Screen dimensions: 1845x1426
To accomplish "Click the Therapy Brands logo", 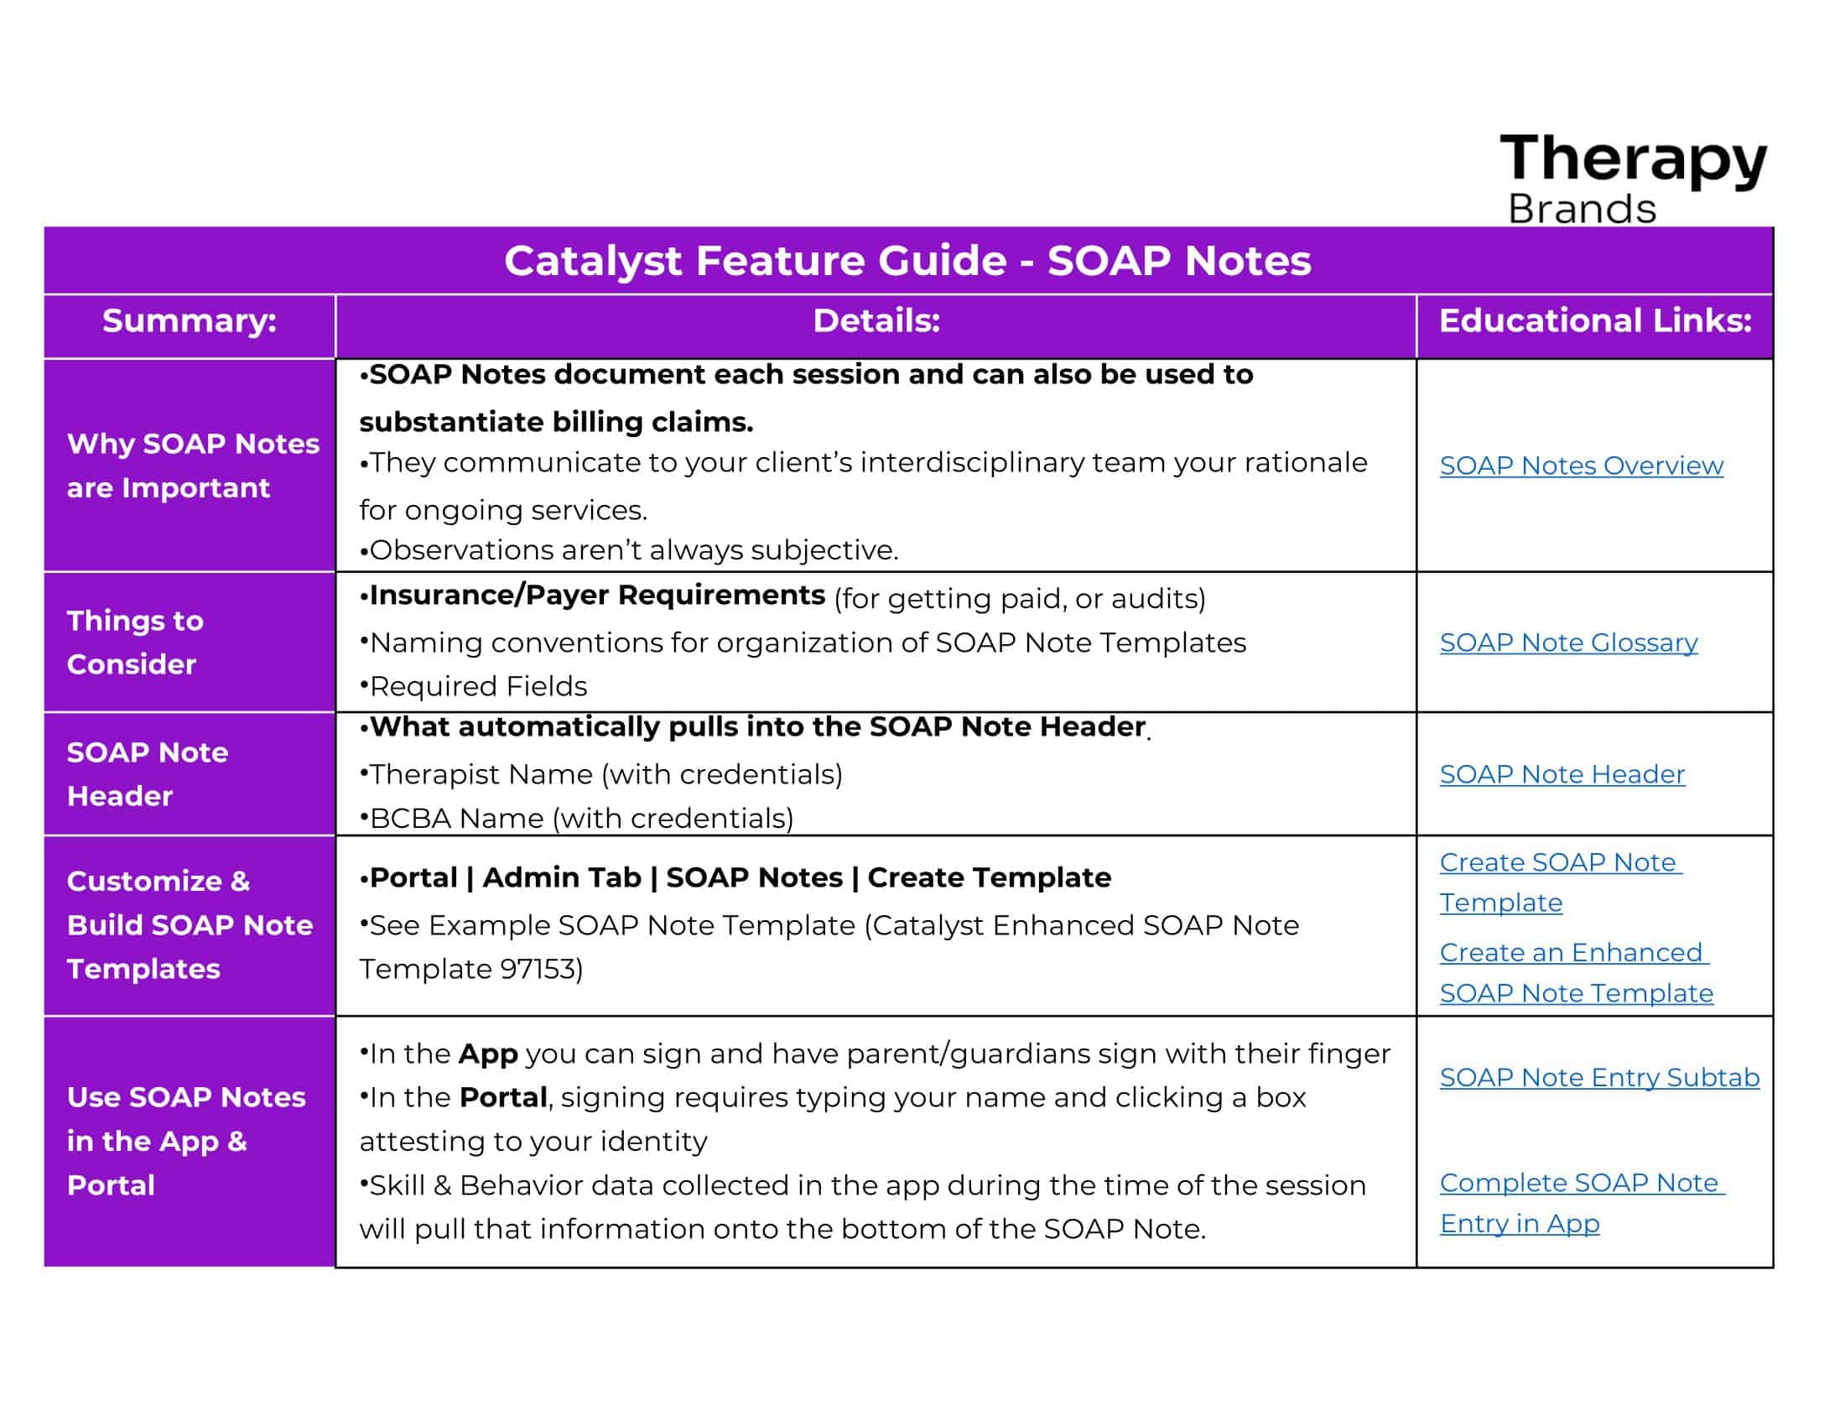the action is pos(1633,177).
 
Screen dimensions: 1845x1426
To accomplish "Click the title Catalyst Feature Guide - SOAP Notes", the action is pos(907,260).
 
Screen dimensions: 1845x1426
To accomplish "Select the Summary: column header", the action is pos(190,321).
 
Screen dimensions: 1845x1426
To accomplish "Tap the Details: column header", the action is pos(876,321).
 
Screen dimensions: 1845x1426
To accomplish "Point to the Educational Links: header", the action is pos(1595,321).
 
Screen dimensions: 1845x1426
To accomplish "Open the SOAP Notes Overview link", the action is pos(1582,466).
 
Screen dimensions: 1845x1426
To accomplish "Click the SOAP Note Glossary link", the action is pos(1569,643).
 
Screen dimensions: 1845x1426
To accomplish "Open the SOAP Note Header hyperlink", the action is pos(1562,774).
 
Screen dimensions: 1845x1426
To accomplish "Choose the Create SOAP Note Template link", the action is pos(1562,882).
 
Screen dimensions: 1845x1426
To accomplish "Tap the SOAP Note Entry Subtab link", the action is pos(1600,1077).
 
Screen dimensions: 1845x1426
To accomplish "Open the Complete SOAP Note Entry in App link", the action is pos(1583,1203).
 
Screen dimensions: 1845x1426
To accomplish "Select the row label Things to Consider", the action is pos(135,642).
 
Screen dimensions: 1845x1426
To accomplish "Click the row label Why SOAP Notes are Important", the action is pos(194,466).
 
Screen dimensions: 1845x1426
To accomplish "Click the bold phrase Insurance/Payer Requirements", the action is pos(597,596).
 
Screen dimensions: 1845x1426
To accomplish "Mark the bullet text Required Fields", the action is pos(478,687).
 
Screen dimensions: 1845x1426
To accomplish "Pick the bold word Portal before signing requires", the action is pos(503,1097).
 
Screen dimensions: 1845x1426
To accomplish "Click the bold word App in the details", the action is pos(488,1055).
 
